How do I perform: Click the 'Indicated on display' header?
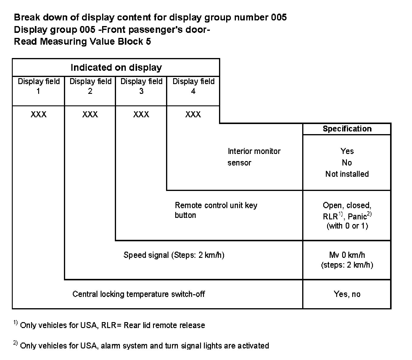116,68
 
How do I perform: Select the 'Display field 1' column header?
38,86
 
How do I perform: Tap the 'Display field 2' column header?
90,86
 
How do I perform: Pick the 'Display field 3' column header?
141,86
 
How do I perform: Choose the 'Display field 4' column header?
193,86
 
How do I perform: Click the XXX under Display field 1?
38,115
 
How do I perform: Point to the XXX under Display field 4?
193,115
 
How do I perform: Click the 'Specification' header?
347,129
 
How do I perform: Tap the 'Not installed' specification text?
347,174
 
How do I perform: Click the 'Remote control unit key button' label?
216,210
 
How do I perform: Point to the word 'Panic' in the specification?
357,216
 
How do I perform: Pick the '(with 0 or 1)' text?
347,226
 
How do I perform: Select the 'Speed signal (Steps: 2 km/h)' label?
174,255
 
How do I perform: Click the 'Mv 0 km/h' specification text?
347,255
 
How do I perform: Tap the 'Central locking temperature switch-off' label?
139,294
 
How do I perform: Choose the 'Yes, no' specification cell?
347,294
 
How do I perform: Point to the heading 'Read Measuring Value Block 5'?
82,41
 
